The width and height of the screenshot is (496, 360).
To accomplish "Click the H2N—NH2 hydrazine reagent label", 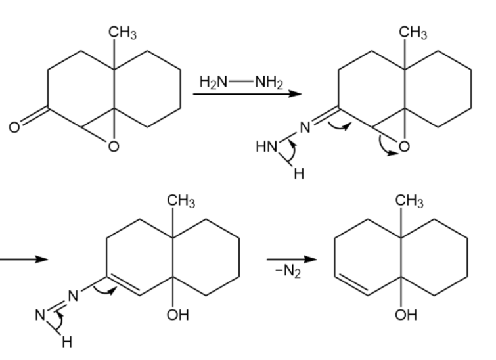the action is click(x=241, y=82).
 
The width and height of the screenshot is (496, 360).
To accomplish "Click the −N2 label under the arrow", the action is click(x=288, y=271).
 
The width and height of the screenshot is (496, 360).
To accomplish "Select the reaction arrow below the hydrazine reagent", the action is click(x=247, y=94).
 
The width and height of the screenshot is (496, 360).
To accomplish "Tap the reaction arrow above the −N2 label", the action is click(x=292, y=259).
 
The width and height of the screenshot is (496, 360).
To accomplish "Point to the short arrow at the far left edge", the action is click(x=24, y=259).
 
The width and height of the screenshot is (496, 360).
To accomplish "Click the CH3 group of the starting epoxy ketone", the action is click(x=122, y=33).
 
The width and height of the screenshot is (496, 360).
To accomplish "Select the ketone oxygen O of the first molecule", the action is click(x=14, y=127).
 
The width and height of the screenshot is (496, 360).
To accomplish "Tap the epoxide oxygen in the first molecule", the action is click(x=114, y=146).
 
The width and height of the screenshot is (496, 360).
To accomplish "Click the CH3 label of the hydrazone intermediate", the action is click(x=413, y=33).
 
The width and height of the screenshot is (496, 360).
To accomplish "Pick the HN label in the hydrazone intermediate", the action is click(x=267, y=147).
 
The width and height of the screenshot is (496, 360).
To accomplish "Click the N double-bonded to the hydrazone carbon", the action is click(x=305, y=128).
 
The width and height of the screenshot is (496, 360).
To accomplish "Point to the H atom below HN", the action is click(x=299, y=173).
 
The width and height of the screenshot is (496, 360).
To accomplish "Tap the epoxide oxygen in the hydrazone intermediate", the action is click(x=404, y=146).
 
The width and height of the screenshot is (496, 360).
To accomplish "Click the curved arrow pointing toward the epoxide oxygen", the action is click(x=381, y=146).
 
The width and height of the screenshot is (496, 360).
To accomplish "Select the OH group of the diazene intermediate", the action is click(x=178, y=315).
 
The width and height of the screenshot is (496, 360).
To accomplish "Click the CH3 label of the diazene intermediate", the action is click(x=181, y=201).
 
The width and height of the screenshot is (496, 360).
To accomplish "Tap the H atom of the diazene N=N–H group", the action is click(x=67, y=342).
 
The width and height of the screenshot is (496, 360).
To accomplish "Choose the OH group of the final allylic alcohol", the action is click(x=406, y=315).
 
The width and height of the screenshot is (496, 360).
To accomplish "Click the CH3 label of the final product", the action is click(x=409, y=201).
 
